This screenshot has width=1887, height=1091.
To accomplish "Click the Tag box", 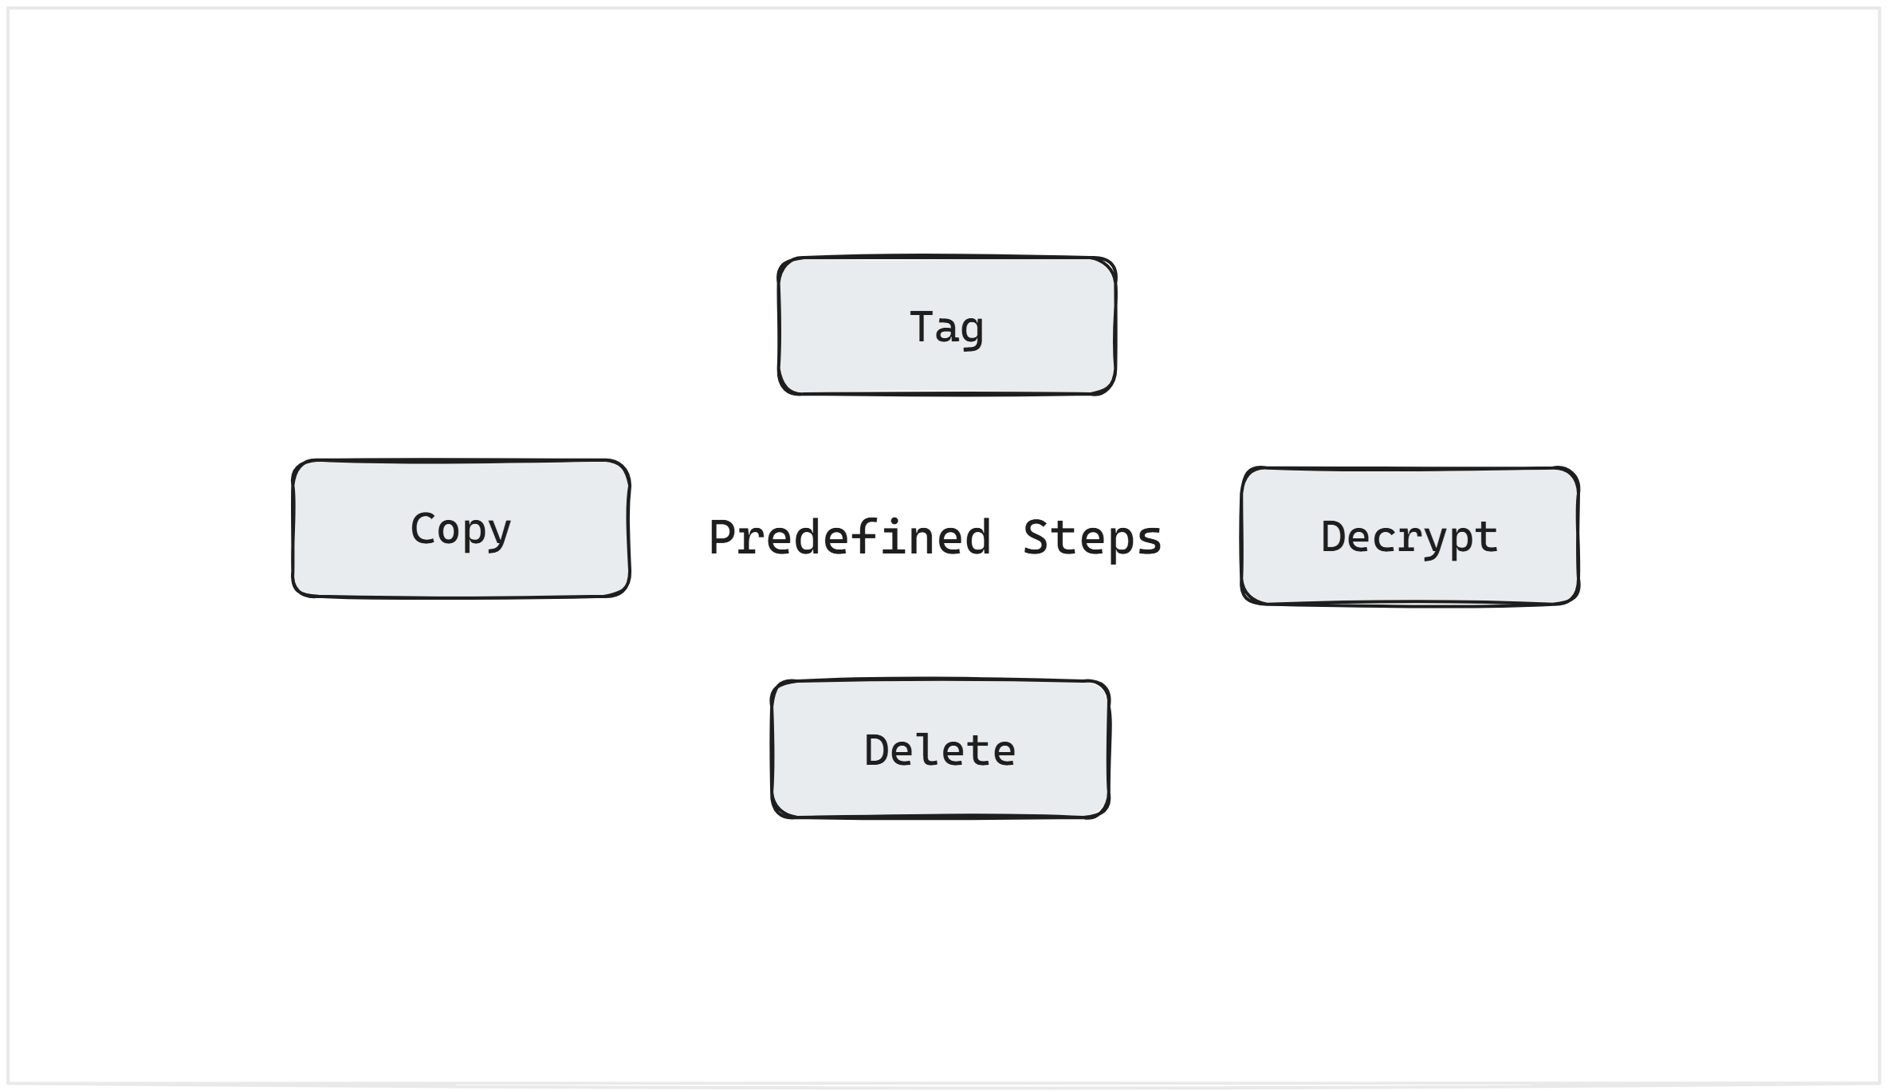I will coord(946,325).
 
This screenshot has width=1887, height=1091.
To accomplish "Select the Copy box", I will coord(461,528).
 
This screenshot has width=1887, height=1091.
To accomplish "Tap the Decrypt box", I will coord(1409,536).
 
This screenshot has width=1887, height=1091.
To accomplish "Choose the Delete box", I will coord(940,749).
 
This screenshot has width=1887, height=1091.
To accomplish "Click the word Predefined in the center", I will coord(850,538).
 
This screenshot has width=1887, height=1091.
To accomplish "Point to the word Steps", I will coord(1092,538).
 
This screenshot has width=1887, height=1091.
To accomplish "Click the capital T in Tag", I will coord(922,327).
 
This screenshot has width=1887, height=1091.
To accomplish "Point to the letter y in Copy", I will coord(499,533).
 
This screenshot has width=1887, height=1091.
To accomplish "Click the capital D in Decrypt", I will coord(1333,536).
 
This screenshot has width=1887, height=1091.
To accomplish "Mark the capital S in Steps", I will coord(1036,538).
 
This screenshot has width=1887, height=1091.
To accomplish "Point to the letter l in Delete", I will coord(928,750).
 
